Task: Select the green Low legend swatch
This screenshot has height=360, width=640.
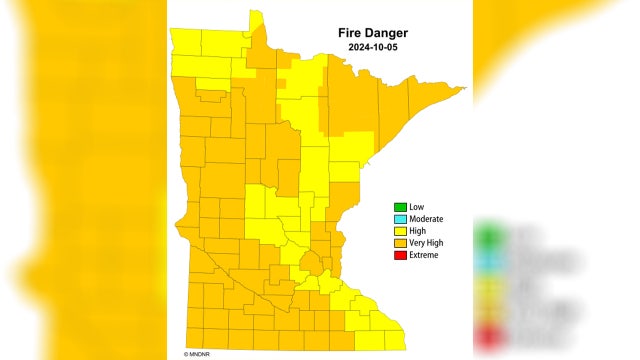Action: [399, 207]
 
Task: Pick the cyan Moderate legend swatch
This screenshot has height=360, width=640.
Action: [399, 219]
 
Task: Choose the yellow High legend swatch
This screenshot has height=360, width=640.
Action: [399, 231]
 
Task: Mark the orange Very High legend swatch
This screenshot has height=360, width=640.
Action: [399, 243]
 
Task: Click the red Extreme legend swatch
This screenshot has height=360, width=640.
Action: [399, 255]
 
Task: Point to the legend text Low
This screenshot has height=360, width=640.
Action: [417, 207]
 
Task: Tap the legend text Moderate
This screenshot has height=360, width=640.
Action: [427, 219]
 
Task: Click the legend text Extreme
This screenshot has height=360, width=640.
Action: [424, 255]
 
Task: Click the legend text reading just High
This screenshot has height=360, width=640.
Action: [418, 231]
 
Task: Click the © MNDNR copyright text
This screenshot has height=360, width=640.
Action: [202, 353]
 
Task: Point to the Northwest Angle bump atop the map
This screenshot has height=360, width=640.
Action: [256, 18]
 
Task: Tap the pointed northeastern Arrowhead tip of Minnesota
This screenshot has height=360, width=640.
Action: [461, 91]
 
